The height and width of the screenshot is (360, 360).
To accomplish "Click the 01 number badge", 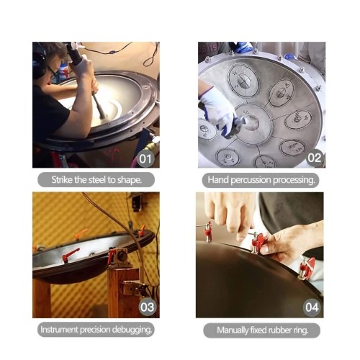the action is pos(145,158).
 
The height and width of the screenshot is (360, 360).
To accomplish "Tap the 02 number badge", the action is pos(315,158).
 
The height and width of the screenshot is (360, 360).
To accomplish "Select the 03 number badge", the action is pos(147,307).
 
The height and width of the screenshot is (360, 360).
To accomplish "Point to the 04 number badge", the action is pos(312,307).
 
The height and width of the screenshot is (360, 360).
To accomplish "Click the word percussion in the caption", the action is pos(251,180).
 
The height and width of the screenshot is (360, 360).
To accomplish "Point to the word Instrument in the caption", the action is pos(59,330).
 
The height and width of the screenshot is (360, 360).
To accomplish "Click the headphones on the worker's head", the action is pos(38,63).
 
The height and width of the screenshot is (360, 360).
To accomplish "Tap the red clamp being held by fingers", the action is pos(258,242).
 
